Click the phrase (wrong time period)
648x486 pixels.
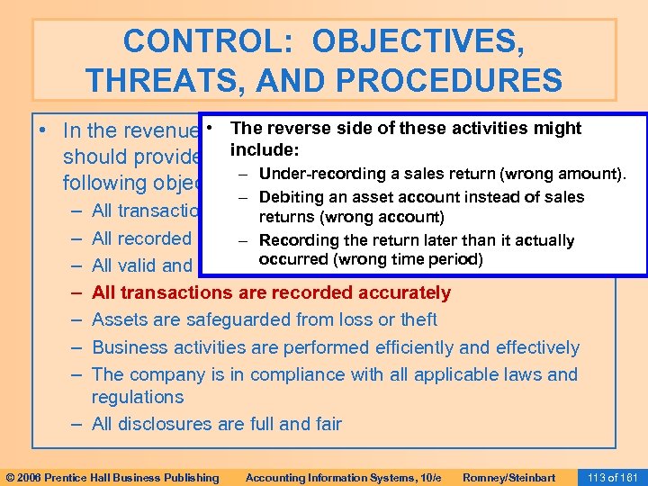409,260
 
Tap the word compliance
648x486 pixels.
291,374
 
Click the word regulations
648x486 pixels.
138,397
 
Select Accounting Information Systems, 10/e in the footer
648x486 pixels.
343,477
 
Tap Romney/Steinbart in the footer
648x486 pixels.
508,477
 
